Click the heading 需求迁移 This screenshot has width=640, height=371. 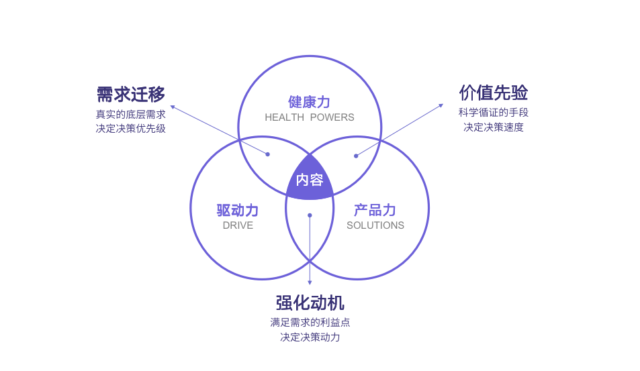[131, 93]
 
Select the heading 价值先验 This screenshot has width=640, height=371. [493, 92]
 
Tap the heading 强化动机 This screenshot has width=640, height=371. [310, 303]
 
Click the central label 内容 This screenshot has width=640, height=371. [310, 180]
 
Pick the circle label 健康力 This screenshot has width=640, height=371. [310, 102]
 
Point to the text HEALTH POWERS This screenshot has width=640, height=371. [310, 117]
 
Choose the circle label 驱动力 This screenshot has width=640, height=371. [238, 210]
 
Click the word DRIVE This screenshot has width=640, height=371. [238, 225]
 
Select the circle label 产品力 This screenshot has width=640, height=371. [375, 210]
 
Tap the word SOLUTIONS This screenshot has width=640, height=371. [375, 225]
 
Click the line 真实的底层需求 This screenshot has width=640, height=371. [131, 113]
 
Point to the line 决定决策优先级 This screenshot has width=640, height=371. [131, 128]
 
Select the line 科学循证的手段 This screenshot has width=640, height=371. [493, 112]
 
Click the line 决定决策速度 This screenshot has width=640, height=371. [493, 127]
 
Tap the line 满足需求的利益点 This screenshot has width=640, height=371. [310, 322]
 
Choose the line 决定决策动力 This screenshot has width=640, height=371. [310, 337]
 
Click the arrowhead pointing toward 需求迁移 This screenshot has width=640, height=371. [172, 106]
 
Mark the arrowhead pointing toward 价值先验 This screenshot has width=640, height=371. [441, 105]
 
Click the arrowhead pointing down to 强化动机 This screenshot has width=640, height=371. [310, 283]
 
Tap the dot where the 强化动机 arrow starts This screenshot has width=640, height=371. [310, 215]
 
